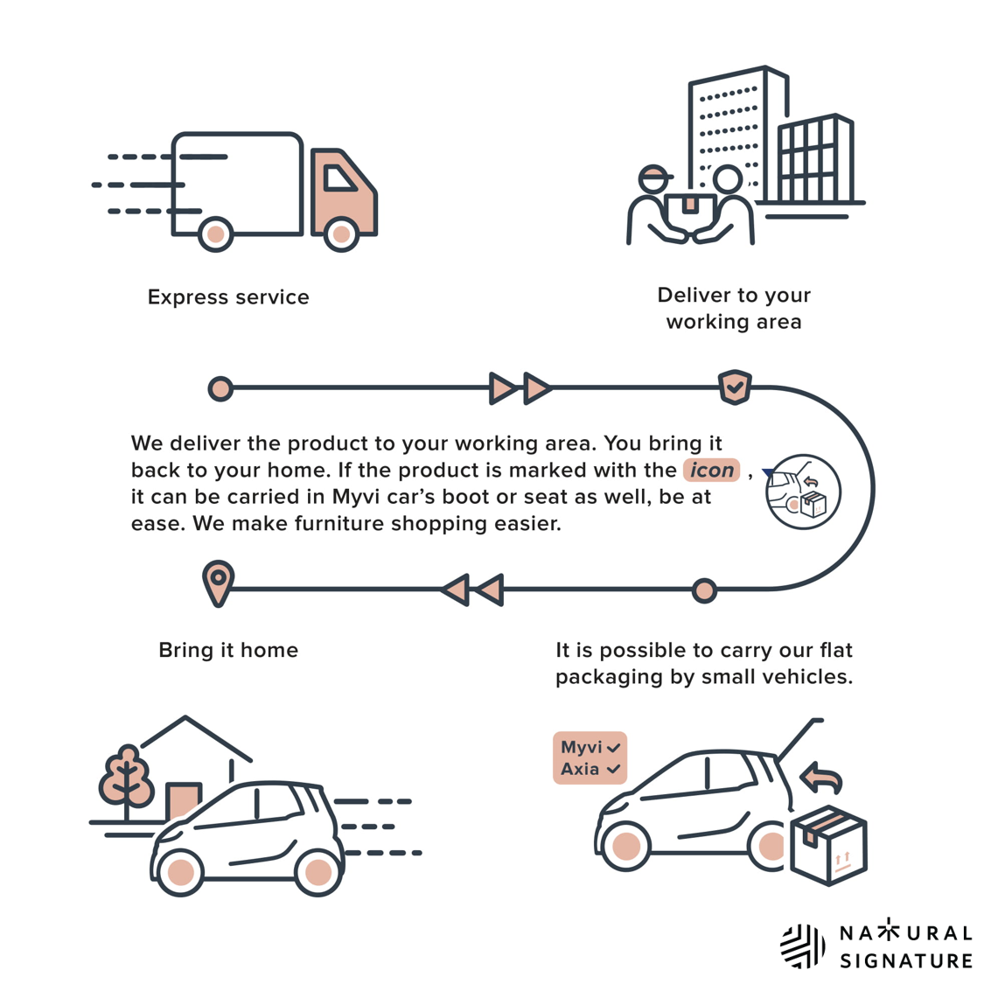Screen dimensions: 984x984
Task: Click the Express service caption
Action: tap(228, 297)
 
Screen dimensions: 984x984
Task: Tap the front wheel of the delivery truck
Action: tap(341, 234)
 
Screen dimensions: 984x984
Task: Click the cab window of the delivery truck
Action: tap(338, 178)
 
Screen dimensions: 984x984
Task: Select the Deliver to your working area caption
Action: tap(734, 308)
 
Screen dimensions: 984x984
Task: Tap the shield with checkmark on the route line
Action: tap(735, 387)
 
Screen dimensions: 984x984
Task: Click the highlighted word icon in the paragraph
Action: tap(711, 470)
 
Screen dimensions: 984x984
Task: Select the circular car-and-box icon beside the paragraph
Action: tap(803, 492)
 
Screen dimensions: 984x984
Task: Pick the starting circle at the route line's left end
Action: tap(220, 388)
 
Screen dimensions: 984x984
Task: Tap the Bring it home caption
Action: tap(228, 650)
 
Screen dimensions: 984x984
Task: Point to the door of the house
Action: tap(184, 801)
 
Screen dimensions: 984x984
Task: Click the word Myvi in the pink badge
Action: tap(581, 747)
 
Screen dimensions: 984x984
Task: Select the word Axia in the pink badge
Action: tap(580, 770)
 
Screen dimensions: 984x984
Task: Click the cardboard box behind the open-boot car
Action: tap(827, 845)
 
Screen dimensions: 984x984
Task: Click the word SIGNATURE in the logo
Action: tap(905, 960)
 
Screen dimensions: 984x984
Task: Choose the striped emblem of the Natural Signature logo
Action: tap(802, 946)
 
